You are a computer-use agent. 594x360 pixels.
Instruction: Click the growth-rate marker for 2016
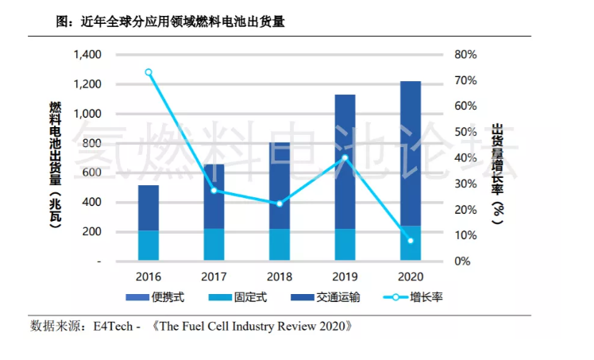click(148, 72)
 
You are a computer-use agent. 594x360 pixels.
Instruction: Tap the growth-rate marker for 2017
click(214, 191)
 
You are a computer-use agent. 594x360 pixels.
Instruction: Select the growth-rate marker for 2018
click(279, 203)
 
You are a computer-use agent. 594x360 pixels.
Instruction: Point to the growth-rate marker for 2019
click(345, 157)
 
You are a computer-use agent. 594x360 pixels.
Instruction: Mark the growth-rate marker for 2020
click(411, 241)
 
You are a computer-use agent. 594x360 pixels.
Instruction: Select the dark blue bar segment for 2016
click(148, 208)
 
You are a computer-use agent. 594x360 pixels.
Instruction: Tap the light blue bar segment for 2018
click(279, 245)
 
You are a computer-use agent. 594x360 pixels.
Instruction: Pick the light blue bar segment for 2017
click(214, 244)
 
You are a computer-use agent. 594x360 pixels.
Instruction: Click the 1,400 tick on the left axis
click(87, 55)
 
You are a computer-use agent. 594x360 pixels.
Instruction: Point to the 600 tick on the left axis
click(92, 172)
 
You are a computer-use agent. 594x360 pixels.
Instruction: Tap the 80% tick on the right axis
click(465, 55)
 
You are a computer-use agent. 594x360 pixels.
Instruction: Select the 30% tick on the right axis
click(465, 184)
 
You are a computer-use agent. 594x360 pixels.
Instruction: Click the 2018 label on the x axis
click(279, 276)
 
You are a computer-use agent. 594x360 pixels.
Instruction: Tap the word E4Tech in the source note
click(110, 326)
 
